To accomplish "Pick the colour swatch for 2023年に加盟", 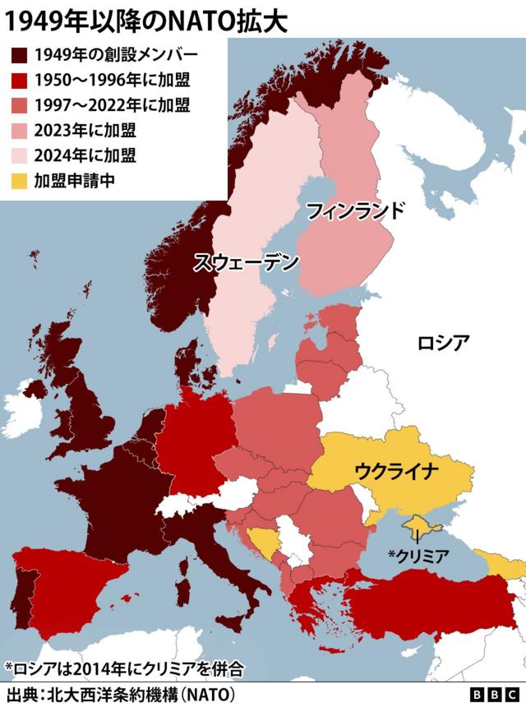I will tap(19, 130).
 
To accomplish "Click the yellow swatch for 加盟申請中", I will tap(19, 180).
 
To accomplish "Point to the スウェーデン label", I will tap(246, 263).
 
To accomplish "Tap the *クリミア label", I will tap(418, 556).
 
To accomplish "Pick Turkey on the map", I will tap(427, 604).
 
